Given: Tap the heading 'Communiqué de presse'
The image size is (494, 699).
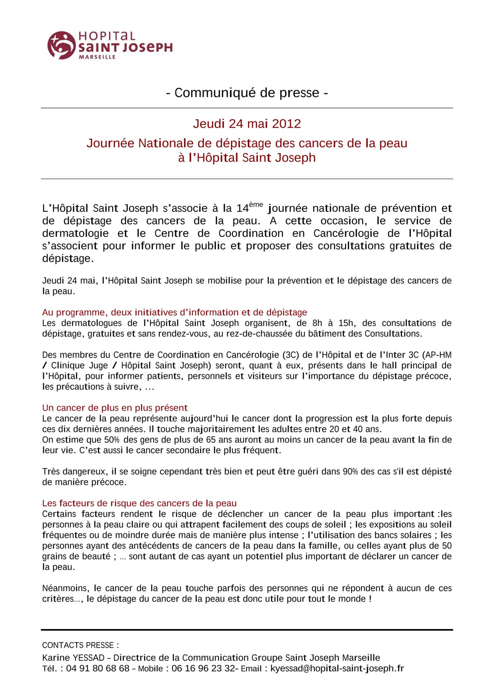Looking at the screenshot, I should (x=247, y=93).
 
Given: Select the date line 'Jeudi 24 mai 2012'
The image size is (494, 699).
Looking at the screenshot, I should (x=247, y=124).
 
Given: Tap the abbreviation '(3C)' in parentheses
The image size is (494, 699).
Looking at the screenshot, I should (x=290, y=355).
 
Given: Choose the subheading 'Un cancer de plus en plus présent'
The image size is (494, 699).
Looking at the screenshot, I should (x=115, y=408).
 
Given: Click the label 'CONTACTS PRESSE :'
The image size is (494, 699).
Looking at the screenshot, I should (x=80, y=645).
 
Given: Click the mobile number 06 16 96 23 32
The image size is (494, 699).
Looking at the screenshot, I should (x=203, y=669).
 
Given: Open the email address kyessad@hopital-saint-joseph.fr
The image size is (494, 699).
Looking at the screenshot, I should (x=337, y=669).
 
